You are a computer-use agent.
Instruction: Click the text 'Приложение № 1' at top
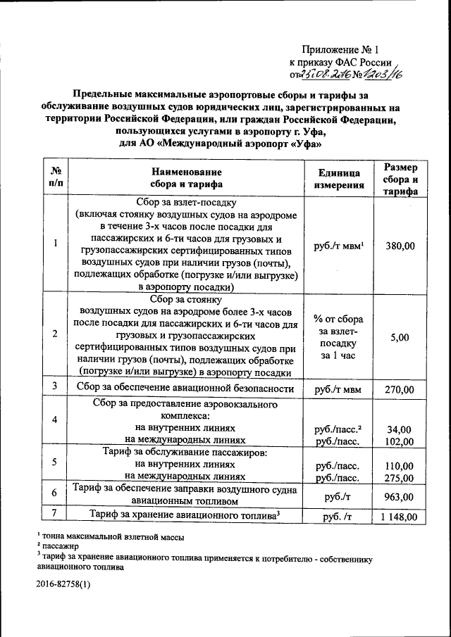click(x=340, y=50)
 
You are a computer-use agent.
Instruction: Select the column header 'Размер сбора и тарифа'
click(x=400, y=179)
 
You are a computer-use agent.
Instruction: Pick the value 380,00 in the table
click(x=400, y=246)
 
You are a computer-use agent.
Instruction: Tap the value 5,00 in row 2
click(x=400, y=337)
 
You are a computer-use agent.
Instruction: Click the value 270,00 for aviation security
click(x=400, y=389)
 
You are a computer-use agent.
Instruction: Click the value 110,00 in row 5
click(x=400, y=465)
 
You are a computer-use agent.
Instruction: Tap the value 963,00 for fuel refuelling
click(x=400, y=497)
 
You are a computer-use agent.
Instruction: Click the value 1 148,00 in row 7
click(x=400, y=517)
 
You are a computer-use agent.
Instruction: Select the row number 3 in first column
click(x=55, y=387)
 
